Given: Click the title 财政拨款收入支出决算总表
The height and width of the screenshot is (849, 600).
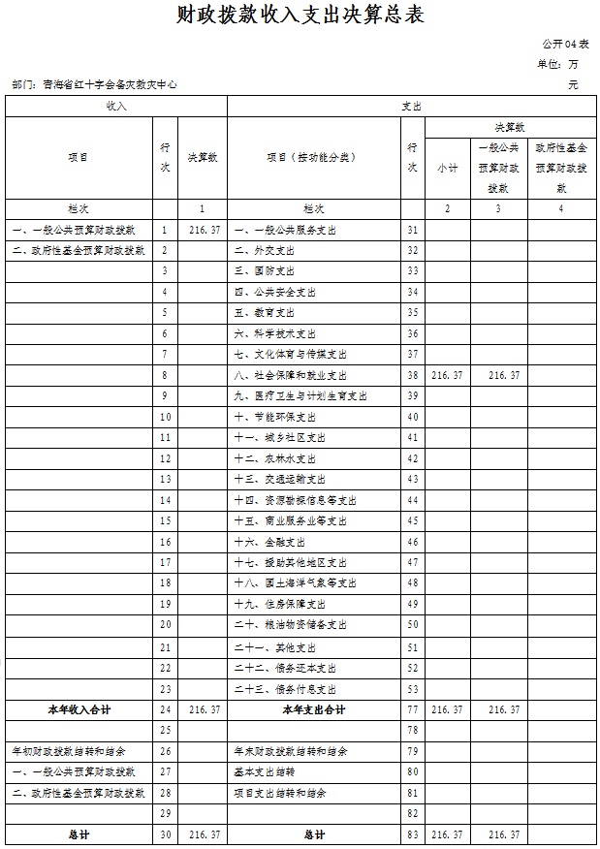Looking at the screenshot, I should [300, 16].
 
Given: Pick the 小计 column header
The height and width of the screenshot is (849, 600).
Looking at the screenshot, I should [447, 168].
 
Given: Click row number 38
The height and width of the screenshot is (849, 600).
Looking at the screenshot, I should [413, 375].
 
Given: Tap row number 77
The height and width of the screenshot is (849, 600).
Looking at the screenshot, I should [413, 709].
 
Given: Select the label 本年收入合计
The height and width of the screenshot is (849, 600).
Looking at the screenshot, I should [79, 709].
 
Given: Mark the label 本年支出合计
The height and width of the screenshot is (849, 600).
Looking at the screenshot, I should [314, 709].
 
